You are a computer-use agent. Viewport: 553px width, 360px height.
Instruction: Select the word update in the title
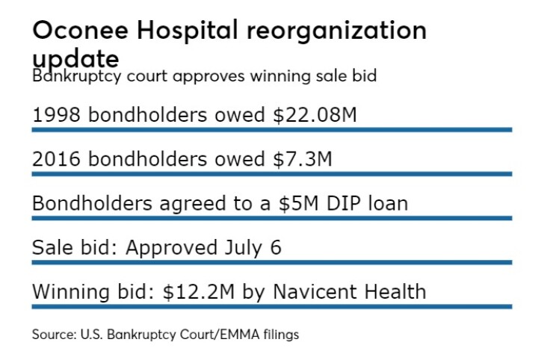coord(75,58)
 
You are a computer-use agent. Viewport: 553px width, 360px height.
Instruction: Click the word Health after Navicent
coord(395,291)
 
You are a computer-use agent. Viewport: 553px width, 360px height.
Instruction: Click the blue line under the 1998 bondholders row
coord(271,130)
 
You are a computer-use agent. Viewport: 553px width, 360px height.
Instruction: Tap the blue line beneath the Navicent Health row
coord(271,306)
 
